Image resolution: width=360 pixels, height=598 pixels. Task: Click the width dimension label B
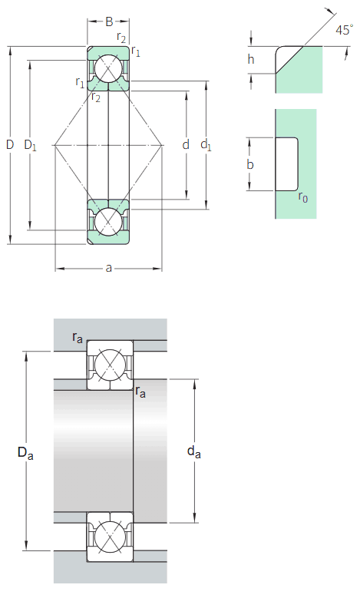point(108,21)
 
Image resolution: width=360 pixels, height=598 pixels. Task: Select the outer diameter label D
point(10,144)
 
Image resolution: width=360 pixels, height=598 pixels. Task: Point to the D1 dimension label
point(30,144)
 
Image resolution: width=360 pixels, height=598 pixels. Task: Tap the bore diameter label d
point(185,144)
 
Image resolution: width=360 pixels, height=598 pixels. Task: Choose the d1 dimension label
point(206,144)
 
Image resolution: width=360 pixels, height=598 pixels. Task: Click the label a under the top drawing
point(108,268)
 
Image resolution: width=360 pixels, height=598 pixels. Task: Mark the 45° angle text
point(344,31)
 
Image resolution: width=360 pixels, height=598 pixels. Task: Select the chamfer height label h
point(251,60)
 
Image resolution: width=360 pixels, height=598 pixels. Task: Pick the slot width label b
point(251,164)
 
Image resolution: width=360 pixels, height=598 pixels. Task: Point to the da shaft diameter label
point(194,453)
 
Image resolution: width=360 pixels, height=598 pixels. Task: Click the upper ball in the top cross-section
point(108,70)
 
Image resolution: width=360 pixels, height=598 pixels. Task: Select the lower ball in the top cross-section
point(108,220)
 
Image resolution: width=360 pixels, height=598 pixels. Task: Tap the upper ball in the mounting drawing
point(109,365)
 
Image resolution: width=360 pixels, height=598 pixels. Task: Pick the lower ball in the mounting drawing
point(109,534)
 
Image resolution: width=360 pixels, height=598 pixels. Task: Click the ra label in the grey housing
point(78,337)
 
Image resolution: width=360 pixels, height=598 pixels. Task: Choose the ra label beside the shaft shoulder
point(140,392)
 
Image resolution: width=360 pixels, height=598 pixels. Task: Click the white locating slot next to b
point(286,164)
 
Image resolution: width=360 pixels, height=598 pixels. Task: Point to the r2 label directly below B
point(121,37)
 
